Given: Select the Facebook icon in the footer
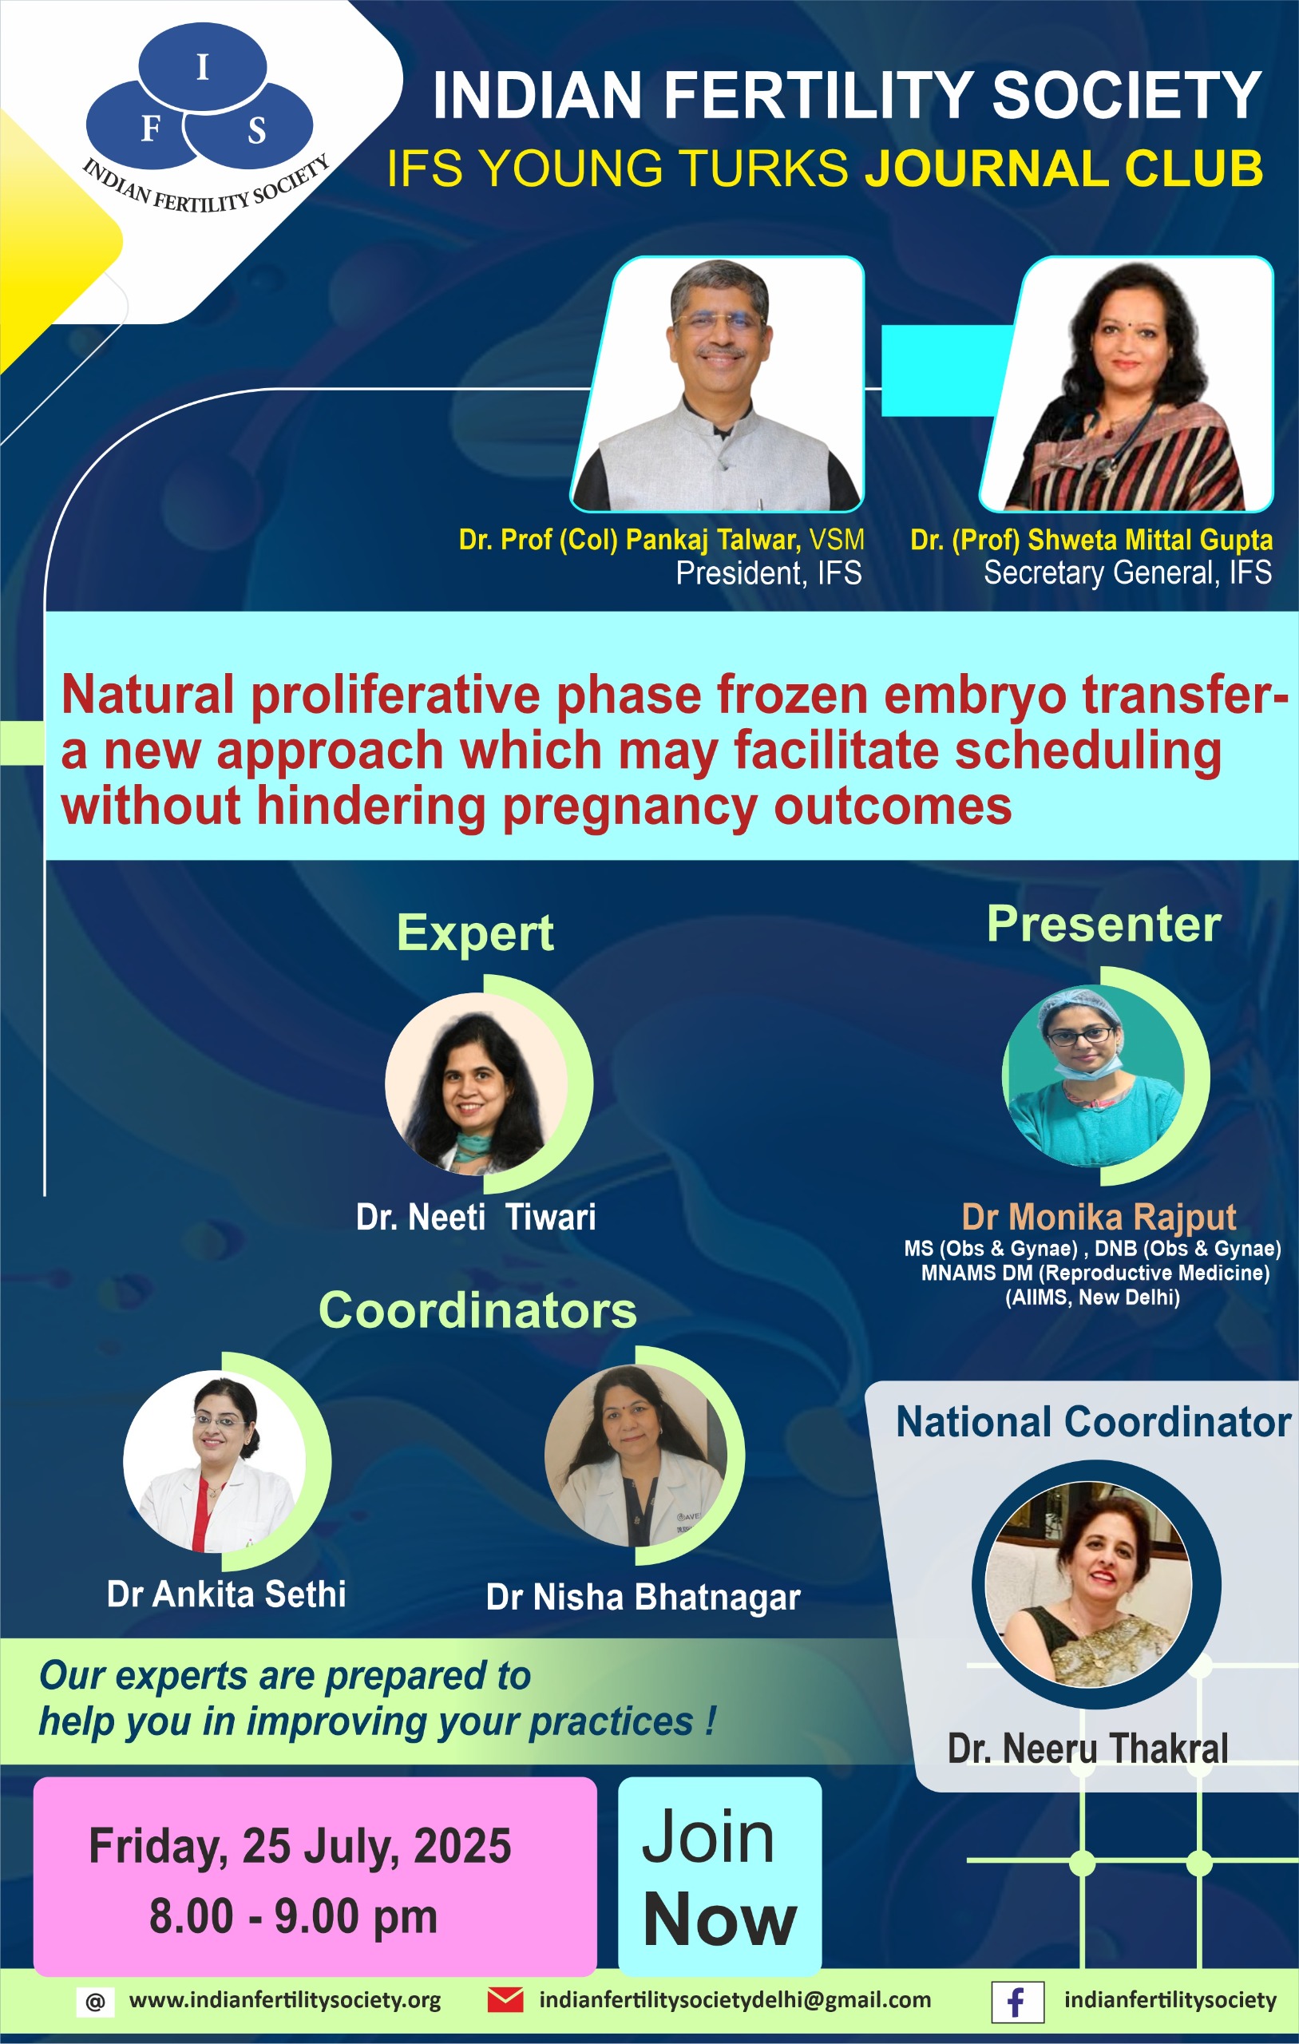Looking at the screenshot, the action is (1017, 2002).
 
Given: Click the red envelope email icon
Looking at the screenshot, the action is (505, 1999).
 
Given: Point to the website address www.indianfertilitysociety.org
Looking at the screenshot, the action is (284, 2000).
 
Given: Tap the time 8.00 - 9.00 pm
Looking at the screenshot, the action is (294, 1917).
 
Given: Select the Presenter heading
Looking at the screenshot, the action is (1103, 924).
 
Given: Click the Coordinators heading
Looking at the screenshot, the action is (477, 1309).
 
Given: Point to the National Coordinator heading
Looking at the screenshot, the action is (1094, 1422).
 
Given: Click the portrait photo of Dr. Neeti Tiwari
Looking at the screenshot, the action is (477, 1084).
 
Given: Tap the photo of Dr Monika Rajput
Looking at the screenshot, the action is (1093, 1075).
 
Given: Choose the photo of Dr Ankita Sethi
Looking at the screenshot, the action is (214, 1462).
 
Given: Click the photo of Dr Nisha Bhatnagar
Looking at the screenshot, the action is (636, 1456).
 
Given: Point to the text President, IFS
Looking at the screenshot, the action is (768, 574).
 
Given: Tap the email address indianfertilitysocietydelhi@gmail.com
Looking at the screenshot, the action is (735, 2000).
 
